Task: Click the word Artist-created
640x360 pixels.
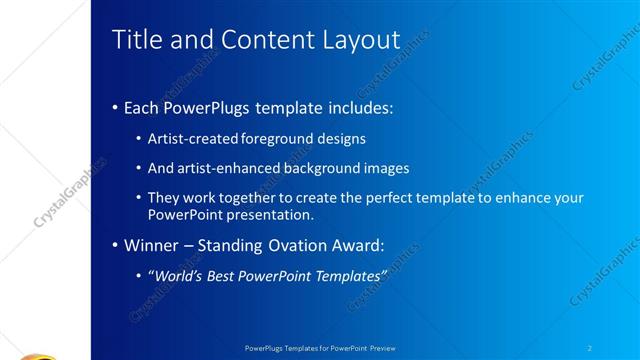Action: (x=193, y=139)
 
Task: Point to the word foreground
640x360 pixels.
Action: (x=280, y=139)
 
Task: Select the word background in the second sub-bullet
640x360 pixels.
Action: (x=314, y=169)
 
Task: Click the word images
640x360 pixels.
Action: (x=383, y=169)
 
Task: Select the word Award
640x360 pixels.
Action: (x=356, y=244)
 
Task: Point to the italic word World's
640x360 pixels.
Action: (x=177, y=274)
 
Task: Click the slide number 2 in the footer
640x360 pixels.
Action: (x=590, y=348)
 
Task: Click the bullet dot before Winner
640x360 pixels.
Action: (x=114, y=244)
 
